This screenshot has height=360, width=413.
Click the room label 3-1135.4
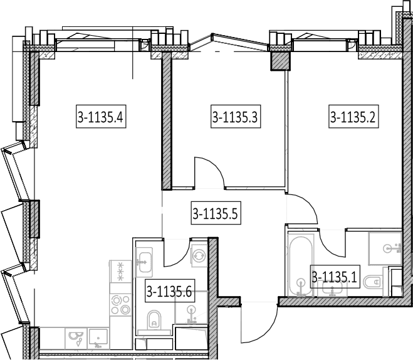101,117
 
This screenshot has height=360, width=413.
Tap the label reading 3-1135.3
236,117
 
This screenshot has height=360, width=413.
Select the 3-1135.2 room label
353,117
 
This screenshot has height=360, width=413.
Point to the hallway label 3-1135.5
216,213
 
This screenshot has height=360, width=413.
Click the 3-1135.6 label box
170,290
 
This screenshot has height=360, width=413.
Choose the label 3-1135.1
335,277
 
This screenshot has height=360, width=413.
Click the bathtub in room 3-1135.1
301,265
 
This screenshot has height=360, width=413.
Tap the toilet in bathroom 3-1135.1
373,282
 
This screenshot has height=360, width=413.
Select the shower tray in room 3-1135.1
385,248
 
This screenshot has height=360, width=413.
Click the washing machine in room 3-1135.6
199,256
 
